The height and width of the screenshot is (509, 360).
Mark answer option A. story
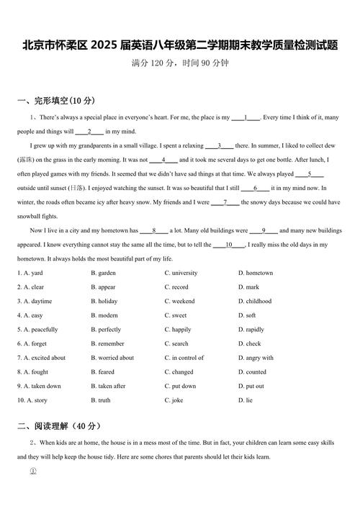pyautogui.click(x=32, y=400)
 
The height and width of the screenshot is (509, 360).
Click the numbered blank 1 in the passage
pyautogui.click(x=246, y=117)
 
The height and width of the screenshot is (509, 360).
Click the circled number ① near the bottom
pyautogui.click(x=32, y=471)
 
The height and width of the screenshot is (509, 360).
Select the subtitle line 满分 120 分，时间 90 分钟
pyautogui.click(x=180, y=63)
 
